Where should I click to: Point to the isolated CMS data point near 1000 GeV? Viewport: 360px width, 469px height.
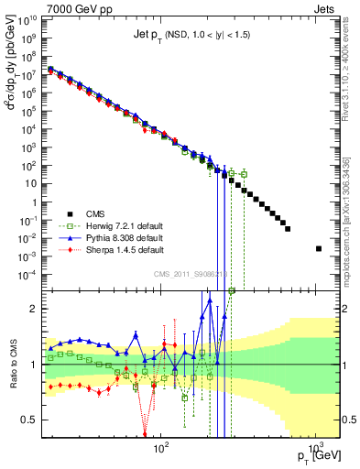(x=319, y=248)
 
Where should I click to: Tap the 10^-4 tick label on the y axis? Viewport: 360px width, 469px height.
(x=27, y=273)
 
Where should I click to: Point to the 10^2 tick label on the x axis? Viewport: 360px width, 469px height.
(x=161, y=447)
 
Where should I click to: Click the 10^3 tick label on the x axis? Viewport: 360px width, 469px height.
(x=314, y=447)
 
